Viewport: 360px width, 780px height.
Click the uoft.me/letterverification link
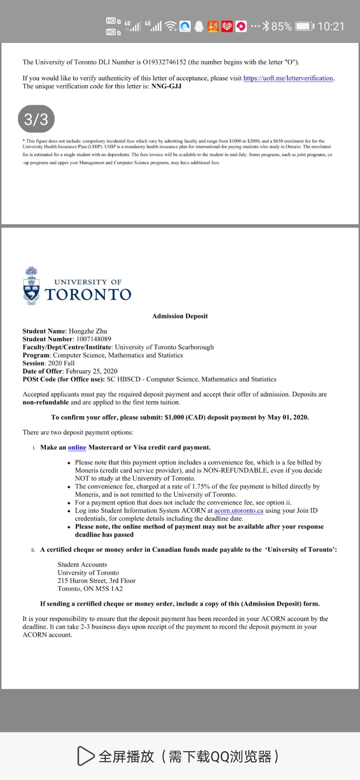point(288,78)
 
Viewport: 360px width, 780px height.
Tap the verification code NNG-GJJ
point(166,86)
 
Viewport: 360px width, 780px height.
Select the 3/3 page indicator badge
point(36,119)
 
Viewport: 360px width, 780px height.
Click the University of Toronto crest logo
point(32,286)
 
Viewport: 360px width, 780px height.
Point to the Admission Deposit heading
point(180,316)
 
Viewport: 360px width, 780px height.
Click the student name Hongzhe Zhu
point(88,331)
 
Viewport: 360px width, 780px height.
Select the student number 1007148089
point(94,339)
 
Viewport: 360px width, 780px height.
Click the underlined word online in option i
point(77,448)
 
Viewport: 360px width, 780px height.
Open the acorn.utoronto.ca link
point(239,510)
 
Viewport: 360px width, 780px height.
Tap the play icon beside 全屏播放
point(85,756)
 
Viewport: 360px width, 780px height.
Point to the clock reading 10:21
point(331,26)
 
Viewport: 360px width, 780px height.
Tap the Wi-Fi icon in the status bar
point(171,26)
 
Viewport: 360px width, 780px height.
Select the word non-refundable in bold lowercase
point(45,402)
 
